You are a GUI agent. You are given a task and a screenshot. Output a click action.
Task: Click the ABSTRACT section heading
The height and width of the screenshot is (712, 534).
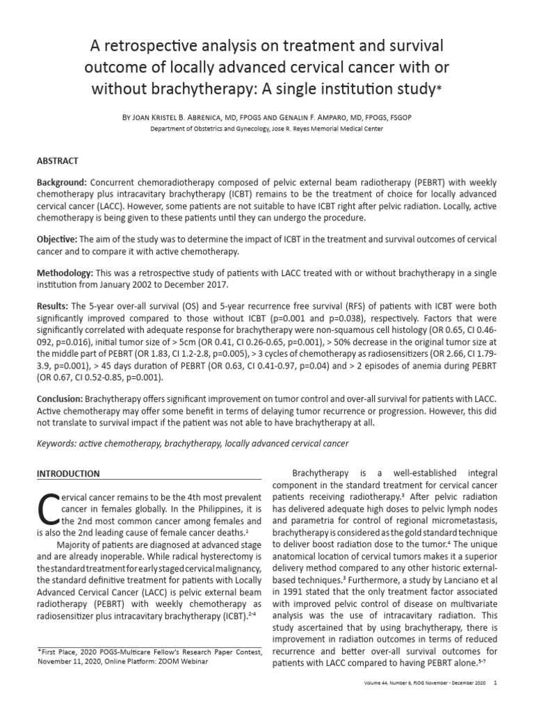point(57,161)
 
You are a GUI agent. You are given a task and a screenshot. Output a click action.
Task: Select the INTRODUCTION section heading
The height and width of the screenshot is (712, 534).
point(68,474)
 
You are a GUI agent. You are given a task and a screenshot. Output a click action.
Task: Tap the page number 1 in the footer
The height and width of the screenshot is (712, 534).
point(494,702)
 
